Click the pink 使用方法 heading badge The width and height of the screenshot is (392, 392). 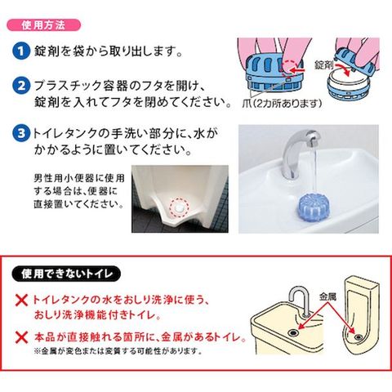coord(43,25)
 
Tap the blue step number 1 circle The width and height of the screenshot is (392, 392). coord(21,51)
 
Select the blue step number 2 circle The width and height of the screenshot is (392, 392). coord(21,86)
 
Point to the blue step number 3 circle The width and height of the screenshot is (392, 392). coord(21,133)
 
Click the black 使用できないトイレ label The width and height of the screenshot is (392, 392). coord(66,274)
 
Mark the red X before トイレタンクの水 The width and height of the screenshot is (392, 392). coord(21,301)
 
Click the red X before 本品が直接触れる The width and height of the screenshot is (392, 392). coord(21,337)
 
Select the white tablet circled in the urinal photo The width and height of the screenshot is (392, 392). coord(179,207)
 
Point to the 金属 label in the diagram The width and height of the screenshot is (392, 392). coord(327,296)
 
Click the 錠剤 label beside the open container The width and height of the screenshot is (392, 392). coord(324,65)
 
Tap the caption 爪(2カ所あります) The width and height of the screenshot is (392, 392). coord(282,104)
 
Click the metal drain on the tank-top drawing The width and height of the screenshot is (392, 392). coord(294,332)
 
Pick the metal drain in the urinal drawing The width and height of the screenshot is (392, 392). coord(358,337)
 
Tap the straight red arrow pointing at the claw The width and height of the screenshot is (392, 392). coord(296,70)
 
